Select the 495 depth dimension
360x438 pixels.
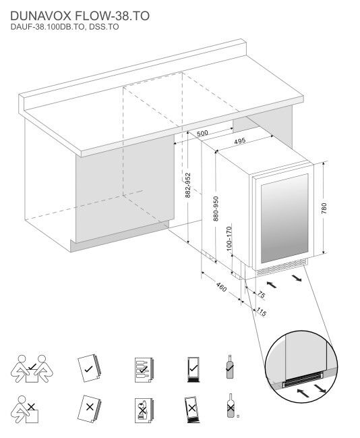pos(239,142)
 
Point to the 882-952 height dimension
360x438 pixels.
pos(188,184)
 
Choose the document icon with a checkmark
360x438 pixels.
pos(88,366)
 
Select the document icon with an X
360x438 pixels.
pos(88,408)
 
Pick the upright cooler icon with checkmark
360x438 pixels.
pos(192,366)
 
